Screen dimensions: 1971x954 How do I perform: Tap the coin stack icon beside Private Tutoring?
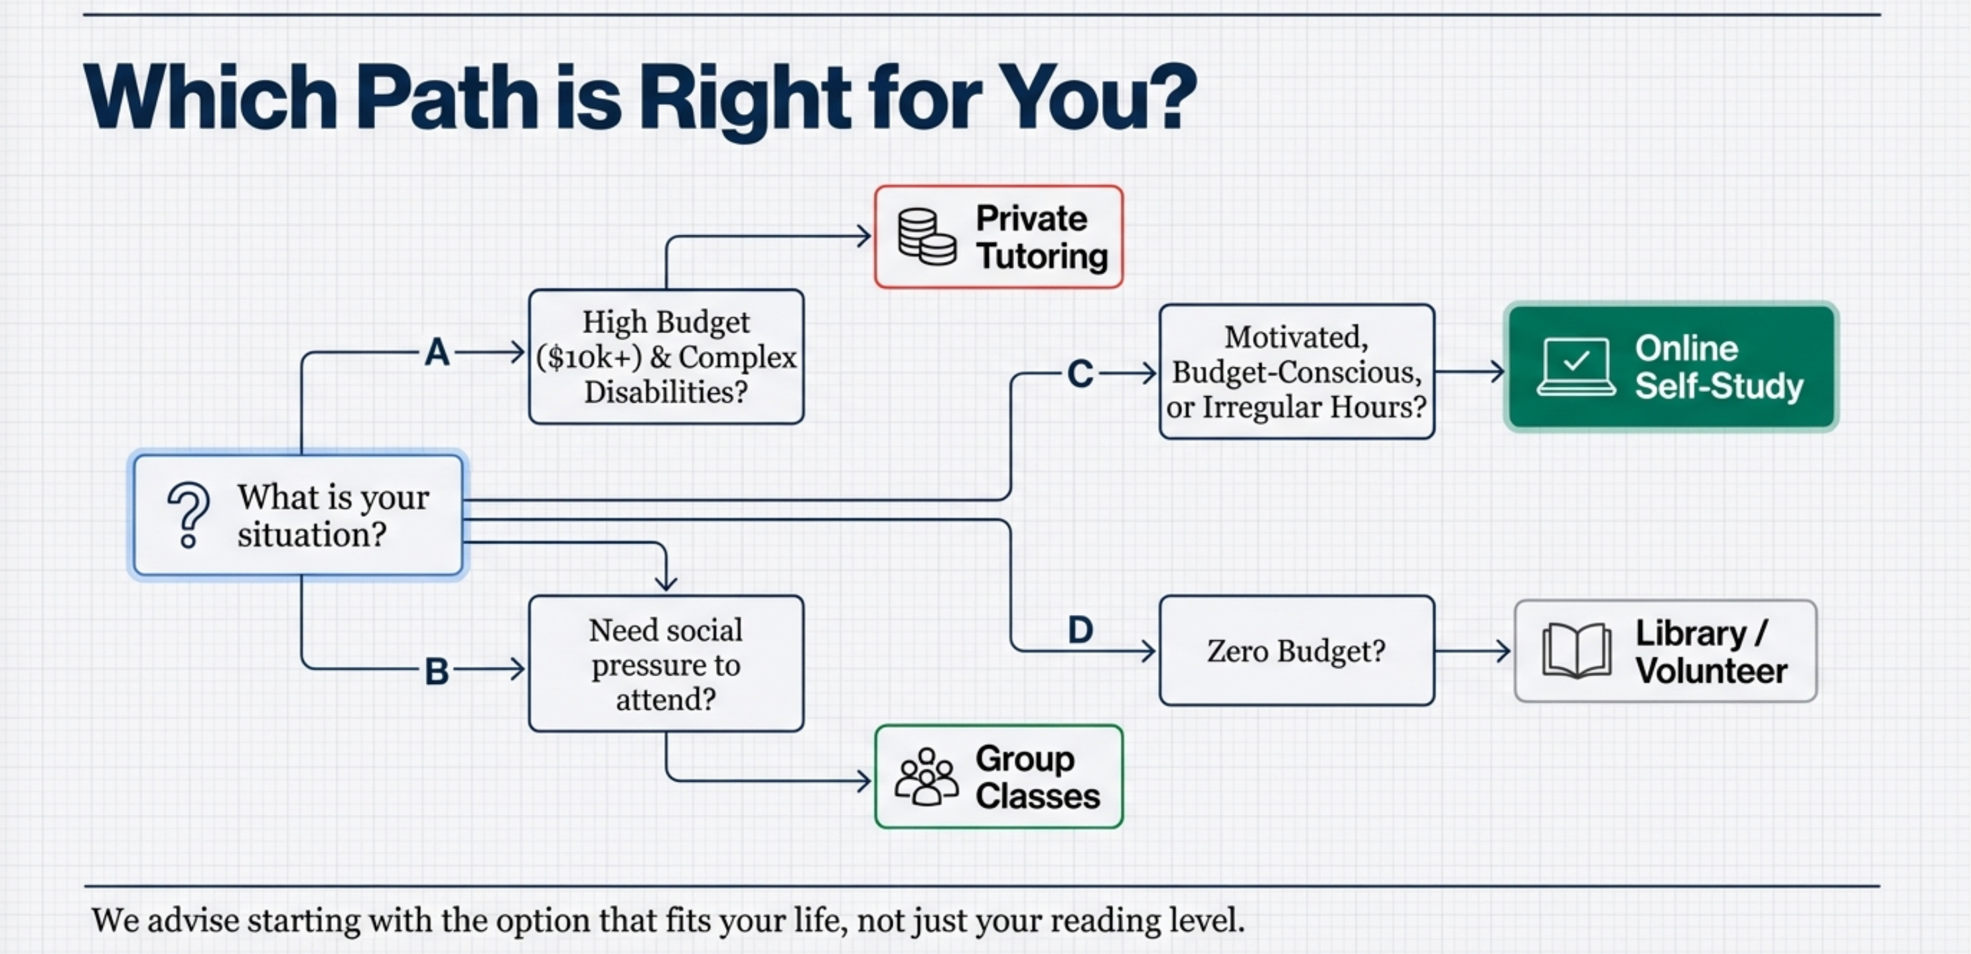click(926, 237)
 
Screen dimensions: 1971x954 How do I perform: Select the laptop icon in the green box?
click(1576, 368)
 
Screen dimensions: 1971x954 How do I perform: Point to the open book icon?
click(1576, 650)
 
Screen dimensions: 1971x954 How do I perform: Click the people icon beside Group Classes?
click(926, 776)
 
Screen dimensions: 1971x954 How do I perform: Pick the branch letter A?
click(437, 353)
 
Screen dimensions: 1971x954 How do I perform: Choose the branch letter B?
click(437, 671)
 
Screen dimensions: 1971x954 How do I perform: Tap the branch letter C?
click(1080, 374)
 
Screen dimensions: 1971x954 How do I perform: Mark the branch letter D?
click(1080, 630)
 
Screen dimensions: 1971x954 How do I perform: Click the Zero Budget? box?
click(1297, 650)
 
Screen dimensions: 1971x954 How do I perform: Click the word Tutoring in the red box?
click(1042, 255)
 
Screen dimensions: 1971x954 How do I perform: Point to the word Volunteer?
click(1712, 671)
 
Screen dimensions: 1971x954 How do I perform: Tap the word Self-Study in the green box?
click(1719, 385)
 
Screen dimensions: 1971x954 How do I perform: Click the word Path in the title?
click(447, 97)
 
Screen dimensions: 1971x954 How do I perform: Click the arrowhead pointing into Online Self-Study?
click(1497, 372)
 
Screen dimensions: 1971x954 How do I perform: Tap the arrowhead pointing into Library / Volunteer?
click(1502, 651)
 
